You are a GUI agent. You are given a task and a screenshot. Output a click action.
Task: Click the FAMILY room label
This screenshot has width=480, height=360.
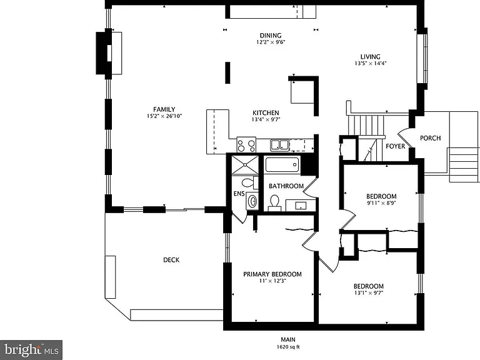(164, 109)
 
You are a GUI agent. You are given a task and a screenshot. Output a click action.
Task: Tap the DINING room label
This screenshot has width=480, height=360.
(271, 36)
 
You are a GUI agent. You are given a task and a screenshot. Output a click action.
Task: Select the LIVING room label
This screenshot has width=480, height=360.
(371, 57)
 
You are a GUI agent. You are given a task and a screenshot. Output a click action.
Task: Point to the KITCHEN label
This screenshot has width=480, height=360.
(266, 112)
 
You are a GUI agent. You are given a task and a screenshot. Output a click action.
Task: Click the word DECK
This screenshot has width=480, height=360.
(171, 260)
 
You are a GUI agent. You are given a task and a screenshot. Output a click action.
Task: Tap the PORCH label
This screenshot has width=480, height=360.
(431, 138)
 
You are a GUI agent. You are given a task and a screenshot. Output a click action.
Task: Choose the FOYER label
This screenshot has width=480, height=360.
(395, 146)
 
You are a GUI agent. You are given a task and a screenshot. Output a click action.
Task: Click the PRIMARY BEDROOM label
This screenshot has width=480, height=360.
(272, 274)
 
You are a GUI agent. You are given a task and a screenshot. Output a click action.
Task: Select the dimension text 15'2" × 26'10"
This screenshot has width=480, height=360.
(164, 116)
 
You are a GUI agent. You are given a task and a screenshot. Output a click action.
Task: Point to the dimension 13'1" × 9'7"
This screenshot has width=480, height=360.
(369, 292)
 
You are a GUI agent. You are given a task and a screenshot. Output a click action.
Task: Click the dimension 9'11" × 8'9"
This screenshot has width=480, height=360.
(381, 202)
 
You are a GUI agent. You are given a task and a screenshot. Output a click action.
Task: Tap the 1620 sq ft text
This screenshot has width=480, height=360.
(288, 347)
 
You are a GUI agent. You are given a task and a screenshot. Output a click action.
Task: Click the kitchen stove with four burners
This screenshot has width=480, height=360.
(246, 144)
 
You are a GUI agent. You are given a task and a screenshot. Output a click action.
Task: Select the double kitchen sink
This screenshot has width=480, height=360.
(279, 145)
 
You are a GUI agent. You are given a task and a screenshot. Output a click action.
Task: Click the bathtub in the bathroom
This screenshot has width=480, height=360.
(282, 165)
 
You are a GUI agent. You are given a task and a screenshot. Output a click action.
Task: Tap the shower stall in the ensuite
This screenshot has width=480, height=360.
(245, 165)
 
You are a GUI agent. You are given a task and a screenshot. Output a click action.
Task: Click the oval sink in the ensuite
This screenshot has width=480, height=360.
(252, 201)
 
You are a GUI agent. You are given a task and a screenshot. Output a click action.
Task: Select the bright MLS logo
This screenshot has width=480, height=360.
(31, 350)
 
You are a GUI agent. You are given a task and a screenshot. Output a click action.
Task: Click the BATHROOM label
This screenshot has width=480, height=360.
(286, 186)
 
